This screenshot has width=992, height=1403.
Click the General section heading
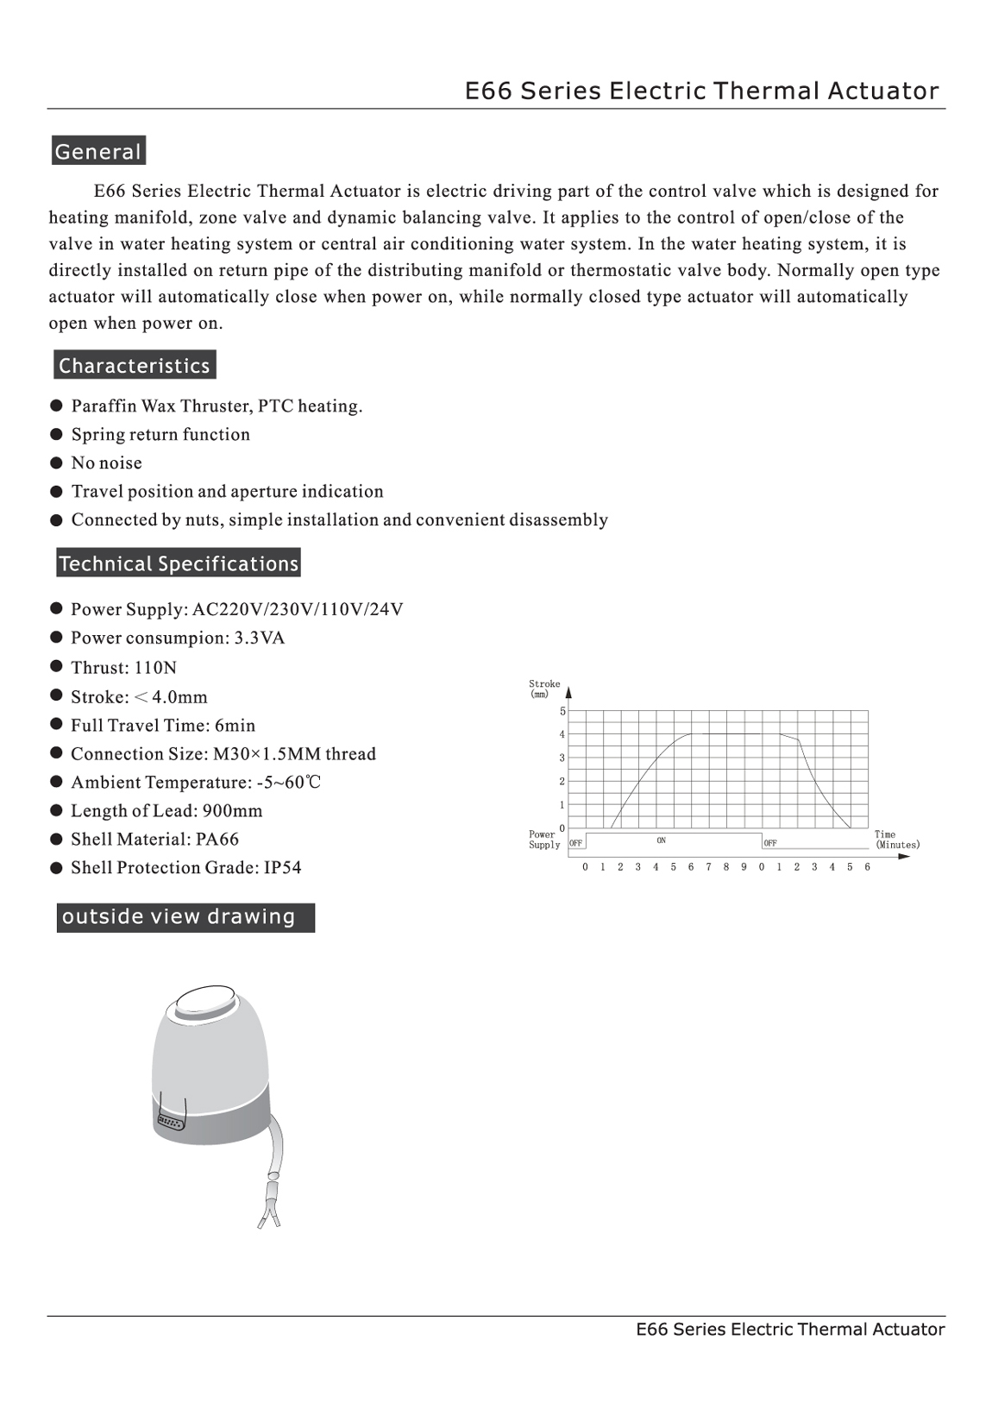pos(97,151)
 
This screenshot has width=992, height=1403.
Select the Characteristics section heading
pos(135,365)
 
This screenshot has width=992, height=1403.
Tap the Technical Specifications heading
pos(179,563)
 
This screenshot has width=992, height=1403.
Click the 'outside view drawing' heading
pos(179,916)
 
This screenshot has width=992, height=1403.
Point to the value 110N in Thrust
pos(155,668)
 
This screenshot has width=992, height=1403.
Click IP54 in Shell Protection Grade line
pos(283,868)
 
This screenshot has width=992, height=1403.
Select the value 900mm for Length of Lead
pos(232,811)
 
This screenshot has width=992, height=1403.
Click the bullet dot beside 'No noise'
pos(57,462)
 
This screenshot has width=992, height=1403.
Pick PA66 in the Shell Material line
pos(217,840)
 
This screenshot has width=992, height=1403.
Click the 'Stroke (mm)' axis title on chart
pos(543,689)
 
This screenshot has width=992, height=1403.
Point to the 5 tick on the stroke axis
pos(562,712)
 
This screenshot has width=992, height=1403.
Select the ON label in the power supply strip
pos(661,840)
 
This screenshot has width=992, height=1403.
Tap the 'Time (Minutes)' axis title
pos(896,840)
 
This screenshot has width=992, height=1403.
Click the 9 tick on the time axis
pos(744,867)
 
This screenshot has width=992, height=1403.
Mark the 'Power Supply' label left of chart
pos(543,840)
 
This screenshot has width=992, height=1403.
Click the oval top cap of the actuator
pos(206,1005)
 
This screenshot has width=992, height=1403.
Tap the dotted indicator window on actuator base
pos(170,1123)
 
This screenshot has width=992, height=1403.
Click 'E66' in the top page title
pos(488,91)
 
